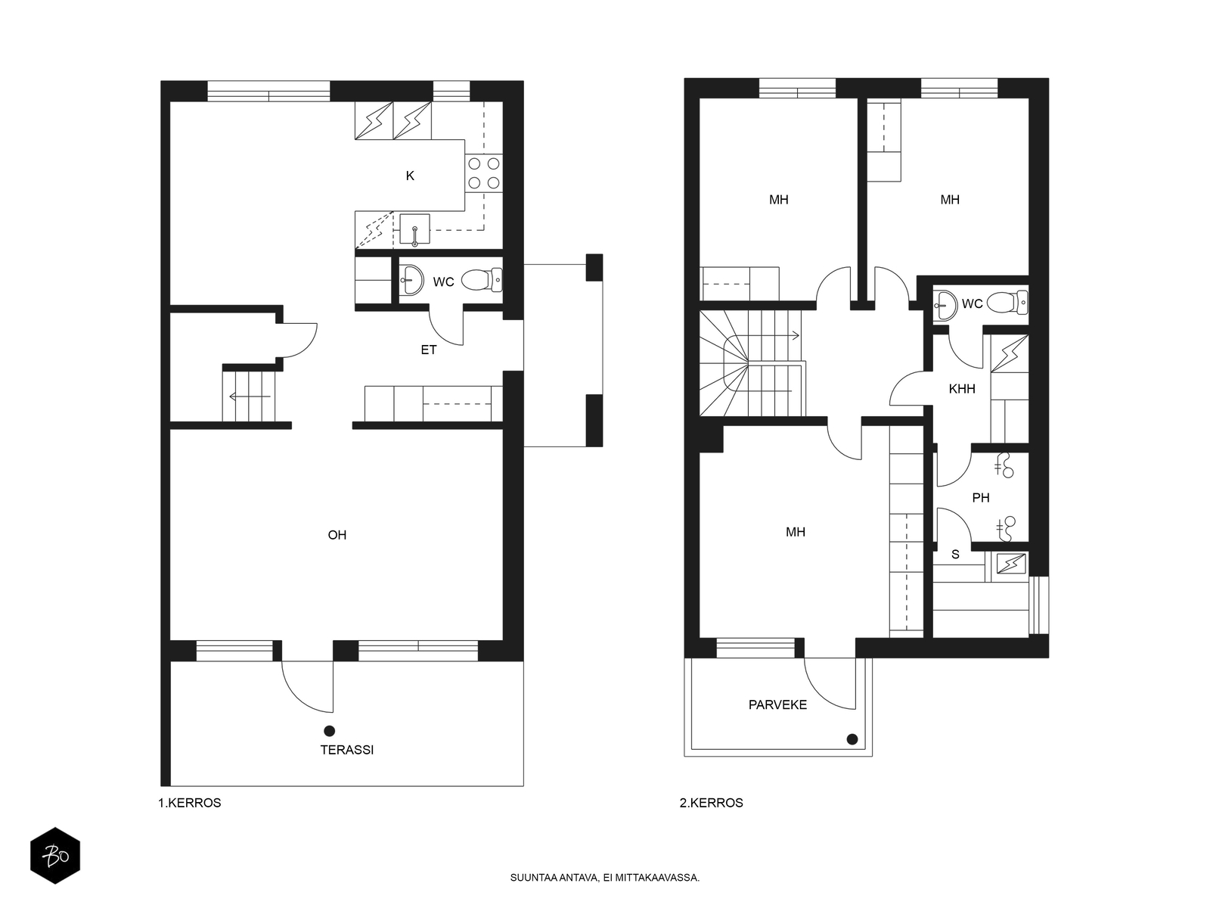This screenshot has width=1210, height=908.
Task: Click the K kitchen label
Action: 410,176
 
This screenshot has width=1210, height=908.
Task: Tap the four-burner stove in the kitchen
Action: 483,173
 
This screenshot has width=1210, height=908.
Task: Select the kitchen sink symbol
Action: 414,229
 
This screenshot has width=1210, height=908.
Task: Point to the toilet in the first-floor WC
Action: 481,281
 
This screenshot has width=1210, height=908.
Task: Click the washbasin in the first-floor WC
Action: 411,280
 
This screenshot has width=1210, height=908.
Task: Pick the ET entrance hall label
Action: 428,350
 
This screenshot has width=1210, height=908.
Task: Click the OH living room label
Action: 337,535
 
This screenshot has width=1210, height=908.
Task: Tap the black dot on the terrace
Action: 329,731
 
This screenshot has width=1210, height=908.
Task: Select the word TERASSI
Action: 346,750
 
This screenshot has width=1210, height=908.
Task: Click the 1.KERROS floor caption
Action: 190,803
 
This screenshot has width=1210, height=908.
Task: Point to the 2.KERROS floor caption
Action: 711,803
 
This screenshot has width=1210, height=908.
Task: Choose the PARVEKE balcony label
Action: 777,704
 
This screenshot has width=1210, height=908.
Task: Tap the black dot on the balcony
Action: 852,739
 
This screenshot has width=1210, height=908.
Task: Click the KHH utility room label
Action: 962,389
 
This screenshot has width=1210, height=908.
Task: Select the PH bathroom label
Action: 981,498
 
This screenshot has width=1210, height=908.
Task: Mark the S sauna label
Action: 955,555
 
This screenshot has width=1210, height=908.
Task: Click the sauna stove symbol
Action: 1010,564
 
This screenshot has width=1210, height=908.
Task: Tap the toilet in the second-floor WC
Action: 1007,302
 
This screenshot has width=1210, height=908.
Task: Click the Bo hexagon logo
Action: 55,856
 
